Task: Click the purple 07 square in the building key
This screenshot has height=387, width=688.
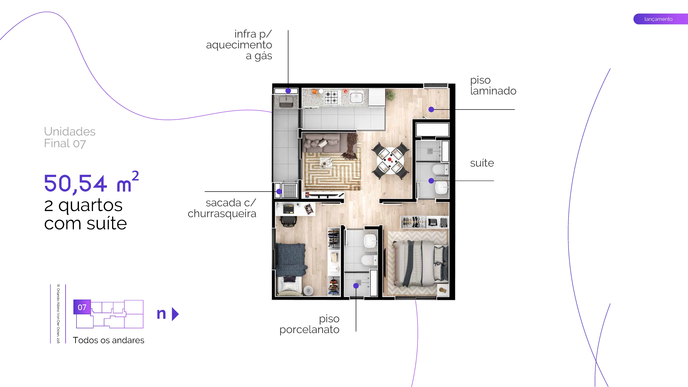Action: click(82, 307)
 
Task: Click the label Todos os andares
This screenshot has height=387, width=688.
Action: click(108, 340)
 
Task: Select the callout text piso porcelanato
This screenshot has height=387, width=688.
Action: click(309, 324)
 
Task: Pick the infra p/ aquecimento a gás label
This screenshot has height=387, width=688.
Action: click(239, 45)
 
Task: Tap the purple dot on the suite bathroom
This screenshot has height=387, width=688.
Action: click(431, 181)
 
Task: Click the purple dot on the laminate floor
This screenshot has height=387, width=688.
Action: click(431, 109)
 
